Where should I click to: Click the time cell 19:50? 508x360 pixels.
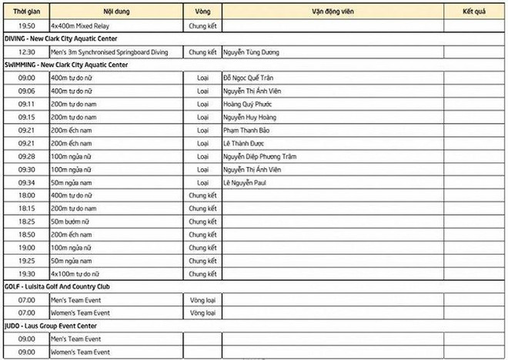[26, 25]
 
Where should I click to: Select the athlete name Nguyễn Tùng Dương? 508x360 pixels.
[251, 52]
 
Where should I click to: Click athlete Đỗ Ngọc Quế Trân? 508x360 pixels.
[247, 78]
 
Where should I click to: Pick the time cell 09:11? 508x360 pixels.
[26, 105]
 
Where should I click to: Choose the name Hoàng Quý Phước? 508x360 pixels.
[247, 105]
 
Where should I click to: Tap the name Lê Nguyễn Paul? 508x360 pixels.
[245, 183]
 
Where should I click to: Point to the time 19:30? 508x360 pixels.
[26, 274]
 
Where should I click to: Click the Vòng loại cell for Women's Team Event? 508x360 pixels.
[202, 313]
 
